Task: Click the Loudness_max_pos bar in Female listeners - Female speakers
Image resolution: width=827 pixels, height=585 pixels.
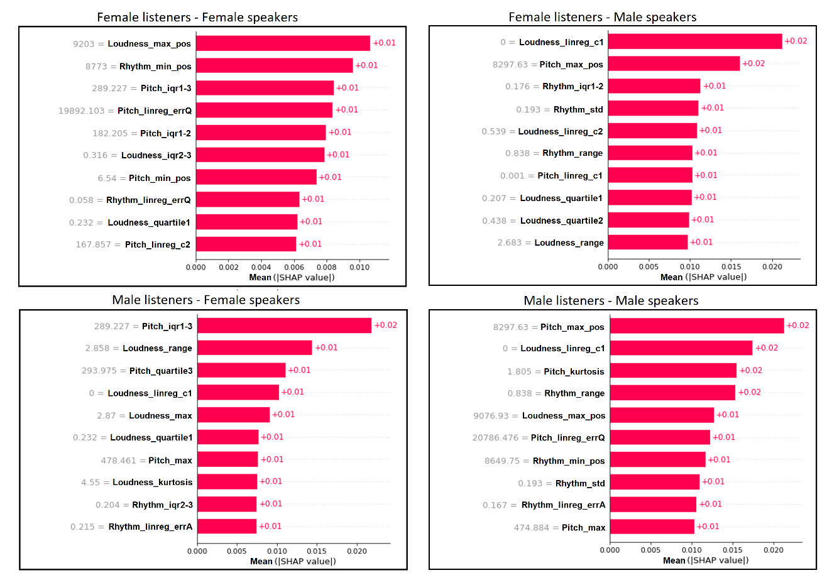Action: tap(283, 43)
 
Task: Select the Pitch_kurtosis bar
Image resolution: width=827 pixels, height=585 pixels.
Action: tap(673, 371)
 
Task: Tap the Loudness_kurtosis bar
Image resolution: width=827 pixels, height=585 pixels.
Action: tap(227, 482)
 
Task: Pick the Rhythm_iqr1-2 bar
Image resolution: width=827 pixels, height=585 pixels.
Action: tap(654, 86)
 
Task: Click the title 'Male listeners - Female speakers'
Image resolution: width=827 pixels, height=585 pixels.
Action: tap(205, 300)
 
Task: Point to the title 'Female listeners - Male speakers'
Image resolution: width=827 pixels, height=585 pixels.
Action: tap(602, 17)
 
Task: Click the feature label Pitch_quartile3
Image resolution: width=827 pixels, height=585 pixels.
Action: tap(161, 371)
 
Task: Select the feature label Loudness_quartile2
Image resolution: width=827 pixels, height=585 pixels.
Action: tap(561, 221)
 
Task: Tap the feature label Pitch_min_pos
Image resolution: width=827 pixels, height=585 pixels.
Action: tap(160, 178)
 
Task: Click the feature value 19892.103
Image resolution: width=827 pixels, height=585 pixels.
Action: tap(81, 111)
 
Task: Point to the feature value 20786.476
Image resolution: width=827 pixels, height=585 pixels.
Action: tap(495, 437)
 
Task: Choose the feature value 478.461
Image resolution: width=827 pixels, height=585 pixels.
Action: tap(118, 460)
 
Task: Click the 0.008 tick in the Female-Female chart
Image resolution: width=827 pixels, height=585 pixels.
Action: tap(327, 267)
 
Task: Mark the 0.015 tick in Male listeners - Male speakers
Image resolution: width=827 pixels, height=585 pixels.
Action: tap(733, 550)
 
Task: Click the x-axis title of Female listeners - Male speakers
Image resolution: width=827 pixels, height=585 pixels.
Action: tap(703, 277)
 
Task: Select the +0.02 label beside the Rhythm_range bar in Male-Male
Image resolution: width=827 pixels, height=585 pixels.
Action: tap(749, 392)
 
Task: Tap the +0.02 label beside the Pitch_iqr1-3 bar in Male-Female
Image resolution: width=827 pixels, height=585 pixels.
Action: tap(386, 325)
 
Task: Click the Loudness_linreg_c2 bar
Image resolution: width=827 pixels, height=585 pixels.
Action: tap(652, 131)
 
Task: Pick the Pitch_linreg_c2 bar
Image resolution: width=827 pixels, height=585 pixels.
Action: tap(246, 244)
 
